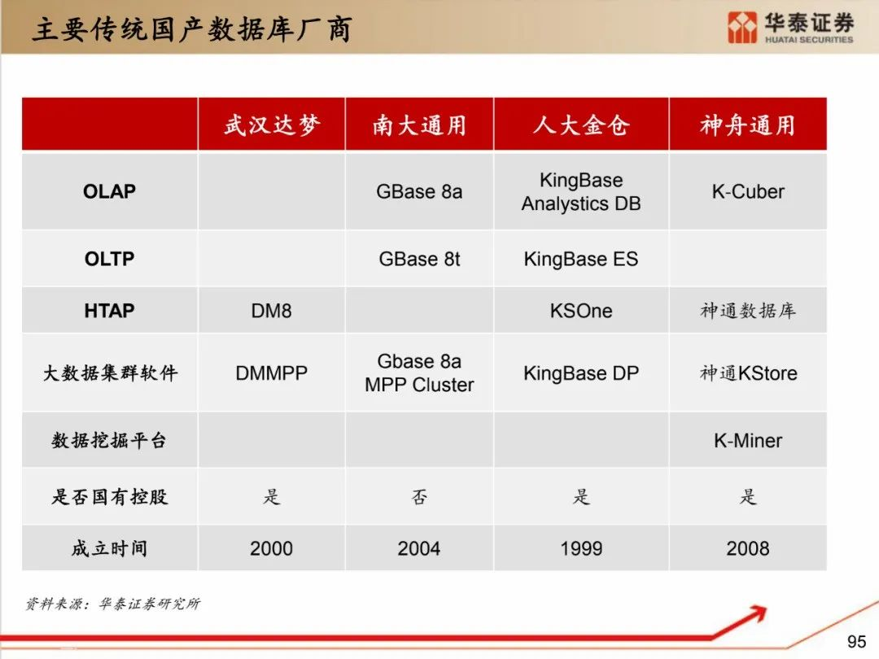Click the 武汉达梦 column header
(272, 124)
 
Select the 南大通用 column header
(419, 124)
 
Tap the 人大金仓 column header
(581, 124)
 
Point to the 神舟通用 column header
(748, 124)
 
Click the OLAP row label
(109, 192)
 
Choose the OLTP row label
(109, 259)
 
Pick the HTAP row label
(109, 311)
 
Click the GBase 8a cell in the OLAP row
(419, 192)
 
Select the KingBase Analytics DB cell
(581, 192)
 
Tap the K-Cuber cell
(748, 192)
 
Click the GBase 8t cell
(419, 259)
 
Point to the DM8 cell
(271, 311)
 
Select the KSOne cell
(581, 311)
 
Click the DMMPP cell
(271, 373)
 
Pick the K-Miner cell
(748, 440)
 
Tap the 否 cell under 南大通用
(419, 496)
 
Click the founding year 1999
(581, 548)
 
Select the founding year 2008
(748, 548)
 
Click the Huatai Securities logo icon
(742, 28)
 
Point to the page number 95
(856, 641)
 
